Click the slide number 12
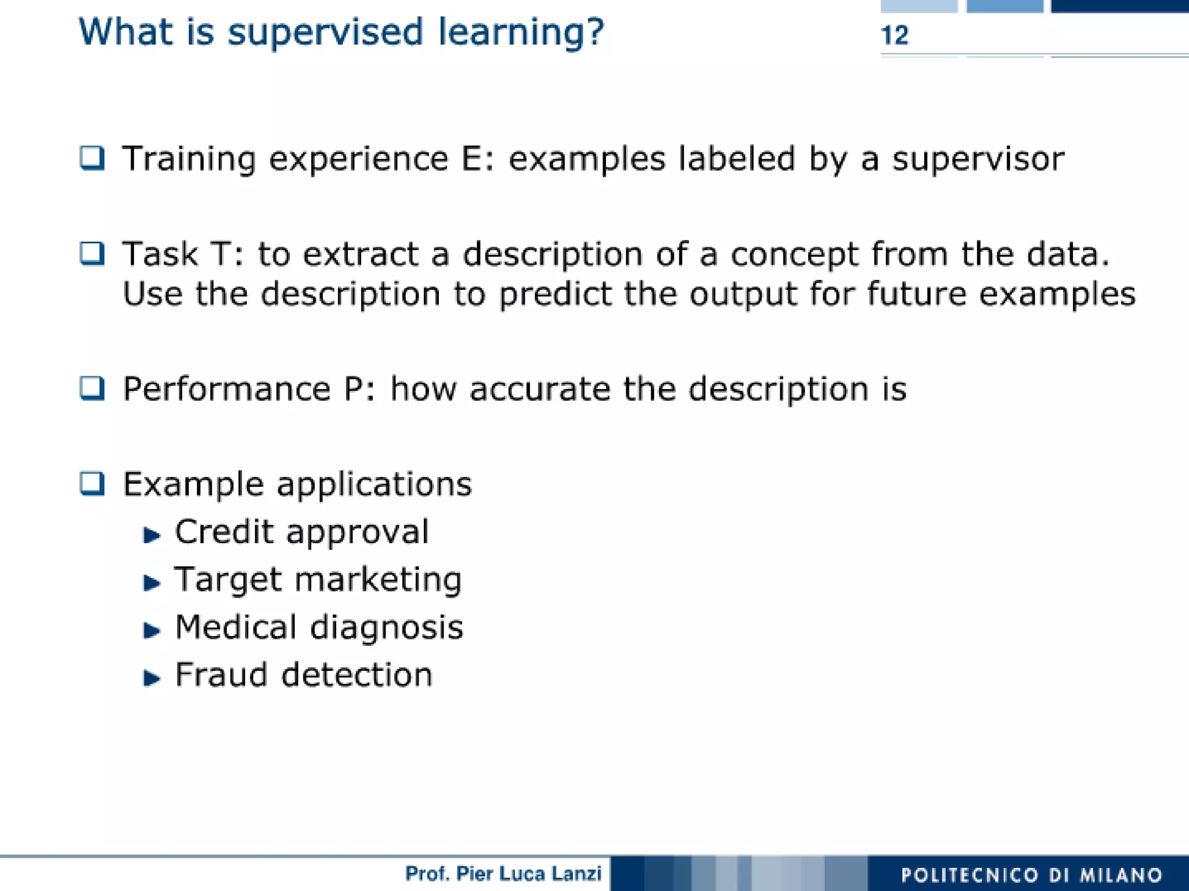point(894,35)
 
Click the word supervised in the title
point(325,33)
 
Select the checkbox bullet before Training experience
point(92,158)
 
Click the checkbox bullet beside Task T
point(92,254)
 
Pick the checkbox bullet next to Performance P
point(92,388)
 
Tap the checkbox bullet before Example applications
point(92,483)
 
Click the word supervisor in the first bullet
point(978,159)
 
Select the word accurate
point(540,389)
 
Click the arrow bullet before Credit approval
point(152,534)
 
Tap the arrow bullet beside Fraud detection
point(152,677)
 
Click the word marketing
point(379,580)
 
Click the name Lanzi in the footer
point(576,874)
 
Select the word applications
point(374,484)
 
